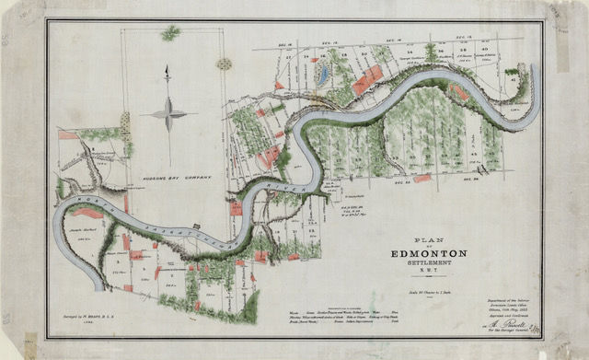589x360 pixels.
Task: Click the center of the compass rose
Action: coord(167,113)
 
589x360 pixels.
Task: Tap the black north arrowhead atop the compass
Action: coord(167,69)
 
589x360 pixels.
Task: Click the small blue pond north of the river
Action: coord(321,71)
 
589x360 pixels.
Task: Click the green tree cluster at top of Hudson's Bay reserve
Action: coord(170,33)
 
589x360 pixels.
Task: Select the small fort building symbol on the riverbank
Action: coord(196,226)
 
